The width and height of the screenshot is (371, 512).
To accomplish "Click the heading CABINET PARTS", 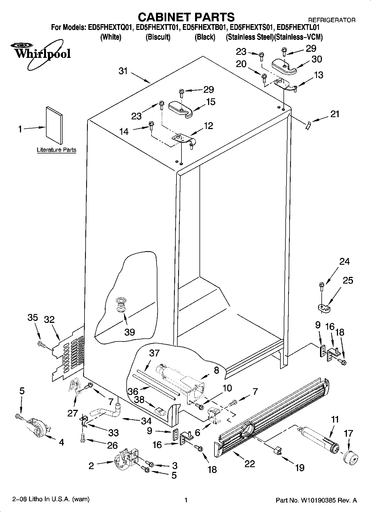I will click(186, 17).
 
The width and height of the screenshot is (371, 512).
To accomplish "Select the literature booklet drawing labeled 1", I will click(54, 126).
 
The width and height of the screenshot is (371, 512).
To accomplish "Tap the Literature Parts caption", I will click(57, 150).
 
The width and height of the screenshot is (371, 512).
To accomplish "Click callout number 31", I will click(123, 71).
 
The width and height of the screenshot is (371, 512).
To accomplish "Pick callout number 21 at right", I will click(335, 114).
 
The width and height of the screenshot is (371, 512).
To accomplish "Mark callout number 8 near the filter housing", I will click(216, 370).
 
